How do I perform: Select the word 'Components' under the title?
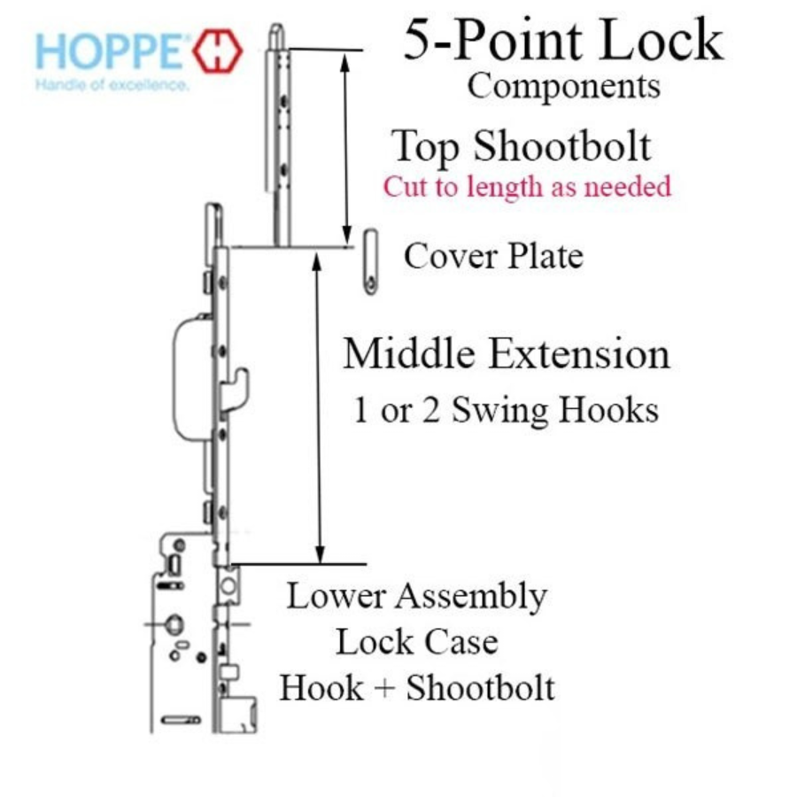click(563, 86)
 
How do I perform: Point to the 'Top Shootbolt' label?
click(522, 146)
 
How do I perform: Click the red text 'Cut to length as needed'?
click(527, 187)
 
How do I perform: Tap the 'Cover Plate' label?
click(493, 256)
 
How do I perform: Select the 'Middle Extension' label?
click(507, 354)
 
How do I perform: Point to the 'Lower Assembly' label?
click(415, 596)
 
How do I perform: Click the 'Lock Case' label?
click(415, 642)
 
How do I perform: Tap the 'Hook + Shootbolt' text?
click(417, 688)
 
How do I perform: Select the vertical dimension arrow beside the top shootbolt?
click(346, 146)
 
